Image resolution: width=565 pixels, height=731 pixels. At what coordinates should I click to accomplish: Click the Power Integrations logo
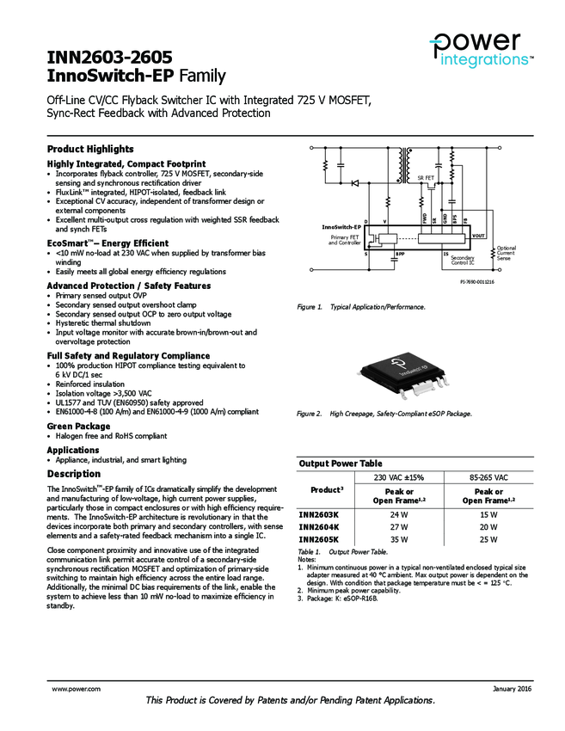click(481, 49)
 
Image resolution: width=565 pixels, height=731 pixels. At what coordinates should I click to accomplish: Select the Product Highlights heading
click(90, 149)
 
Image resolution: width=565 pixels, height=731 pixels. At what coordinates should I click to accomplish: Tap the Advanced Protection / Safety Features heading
click(128, 286)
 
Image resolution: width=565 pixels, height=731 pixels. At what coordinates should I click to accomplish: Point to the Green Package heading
click(78, 427)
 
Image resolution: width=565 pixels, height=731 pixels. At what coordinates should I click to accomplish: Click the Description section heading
click(73, 474)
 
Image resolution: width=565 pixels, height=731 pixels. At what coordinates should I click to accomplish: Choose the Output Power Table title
click(340, 464)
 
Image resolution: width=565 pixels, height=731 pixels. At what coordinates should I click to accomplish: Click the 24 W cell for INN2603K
click(399, 514)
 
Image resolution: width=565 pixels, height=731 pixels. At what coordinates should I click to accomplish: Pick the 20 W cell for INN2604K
click(488, 526)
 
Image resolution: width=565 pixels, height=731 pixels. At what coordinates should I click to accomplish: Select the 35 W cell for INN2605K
click(399, 539)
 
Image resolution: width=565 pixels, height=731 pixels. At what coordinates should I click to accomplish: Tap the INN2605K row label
click(318, 539)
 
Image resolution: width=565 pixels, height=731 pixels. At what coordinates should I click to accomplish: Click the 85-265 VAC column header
click(488, 477)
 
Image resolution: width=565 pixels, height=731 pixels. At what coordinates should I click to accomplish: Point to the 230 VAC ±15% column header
click(399, 477)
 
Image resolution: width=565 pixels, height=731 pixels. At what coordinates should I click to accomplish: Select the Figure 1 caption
click(360, 307)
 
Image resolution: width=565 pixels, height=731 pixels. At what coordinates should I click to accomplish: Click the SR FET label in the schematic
click(425, 177)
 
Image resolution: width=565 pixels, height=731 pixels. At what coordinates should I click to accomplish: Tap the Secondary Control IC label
click(463, 261)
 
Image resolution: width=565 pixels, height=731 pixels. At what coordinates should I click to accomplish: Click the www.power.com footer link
click(77, 689)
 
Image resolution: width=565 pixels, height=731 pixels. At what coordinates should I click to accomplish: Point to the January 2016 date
click(512, 689)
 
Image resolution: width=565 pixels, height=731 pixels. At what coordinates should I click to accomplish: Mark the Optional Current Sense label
click(507, 254)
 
